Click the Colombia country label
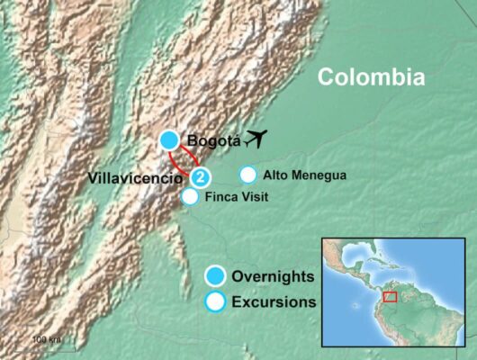[371, 77]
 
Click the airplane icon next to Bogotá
[257, 138]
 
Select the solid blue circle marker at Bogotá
[169, 139]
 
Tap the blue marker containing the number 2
[203, 176]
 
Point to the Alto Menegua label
[302, 175]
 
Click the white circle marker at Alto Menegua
[247, 175]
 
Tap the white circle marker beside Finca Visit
[191, 196]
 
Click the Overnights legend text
[272, 275]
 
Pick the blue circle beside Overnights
[215, 275]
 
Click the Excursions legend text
[274, 302]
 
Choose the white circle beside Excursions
[215, 302]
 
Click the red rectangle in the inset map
[390, 296]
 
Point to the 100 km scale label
[46, 339]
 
